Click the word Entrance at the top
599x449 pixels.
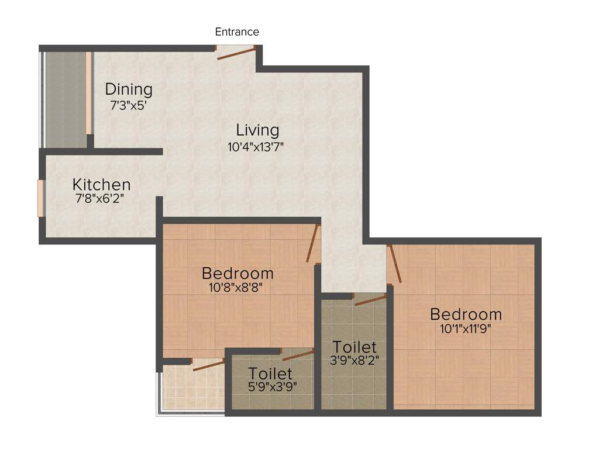(237, 32)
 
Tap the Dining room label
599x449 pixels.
(129, 89)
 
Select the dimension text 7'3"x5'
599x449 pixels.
(128, 106)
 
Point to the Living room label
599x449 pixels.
(257, 130)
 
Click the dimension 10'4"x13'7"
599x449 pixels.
(256, 147)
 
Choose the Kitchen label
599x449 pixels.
(101, 184)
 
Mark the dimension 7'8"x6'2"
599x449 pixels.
(99, 199)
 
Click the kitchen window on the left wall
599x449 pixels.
(40, 199)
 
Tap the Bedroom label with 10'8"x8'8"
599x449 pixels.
(237, 273)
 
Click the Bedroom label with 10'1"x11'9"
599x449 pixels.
(466, 314)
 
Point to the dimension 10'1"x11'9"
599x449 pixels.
(465, 329)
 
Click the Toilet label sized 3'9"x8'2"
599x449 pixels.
(354, 347)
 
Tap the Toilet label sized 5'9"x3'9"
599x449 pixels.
(270, 373)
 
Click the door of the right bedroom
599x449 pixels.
(395, 264)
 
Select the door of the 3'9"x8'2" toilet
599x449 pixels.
(370, 300)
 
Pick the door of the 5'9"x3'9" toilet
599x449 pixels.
(298, 354)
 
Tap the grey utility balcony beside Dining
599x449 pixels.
(66, 99)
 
